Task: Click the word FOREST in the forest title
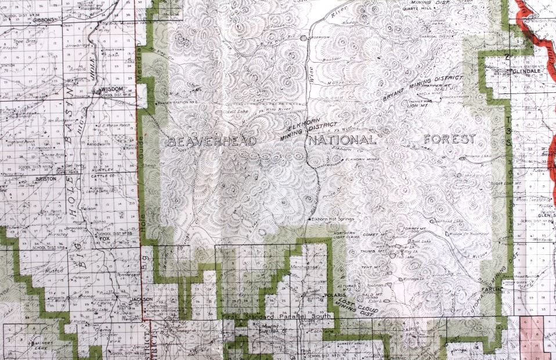click(x=450, y=139)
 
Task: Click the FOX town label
click(x=105, y=239)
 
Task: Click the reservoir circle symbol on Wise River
click(x=303, y=38)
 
